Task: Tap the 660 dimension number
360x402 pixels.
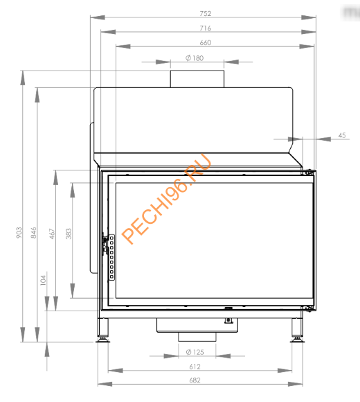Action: (205, 43)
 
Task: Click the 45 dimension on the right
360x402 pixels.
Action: (342, 136)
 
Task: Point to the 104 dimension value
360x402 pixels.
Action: (43, 281)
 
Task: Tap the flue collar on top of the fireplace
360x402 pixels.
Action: (197, 78)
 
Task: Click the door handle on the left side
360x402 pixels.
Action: (105, 243)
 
